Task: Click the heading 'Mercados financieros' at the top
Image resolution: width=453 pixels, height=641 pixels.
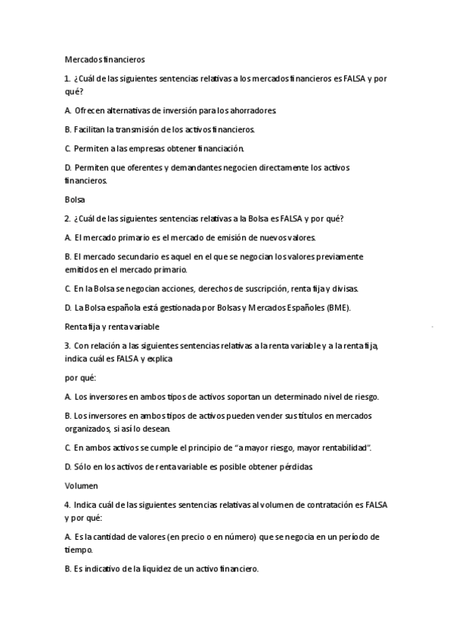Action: [104, 57]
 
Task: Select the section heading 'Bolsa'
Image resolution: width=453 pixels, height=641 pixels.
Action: [75, 200]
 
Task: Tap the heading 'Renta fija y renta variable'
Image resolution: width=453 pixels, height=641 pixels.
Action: [111, 327]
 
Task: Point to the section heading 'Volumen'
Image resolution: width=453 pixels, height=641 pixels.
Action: [81, 486]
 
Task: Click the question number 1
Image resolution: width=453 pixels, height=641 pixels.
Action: [67, 77]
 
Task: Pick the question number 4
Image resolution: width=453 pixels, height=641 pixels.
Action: [67, 504]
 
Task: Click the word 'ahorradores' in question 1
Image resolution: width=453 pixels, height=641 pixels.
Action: [253, 110]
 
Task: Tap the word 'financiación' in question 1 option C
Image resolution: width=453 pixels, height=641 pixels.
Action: [219, 148]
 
